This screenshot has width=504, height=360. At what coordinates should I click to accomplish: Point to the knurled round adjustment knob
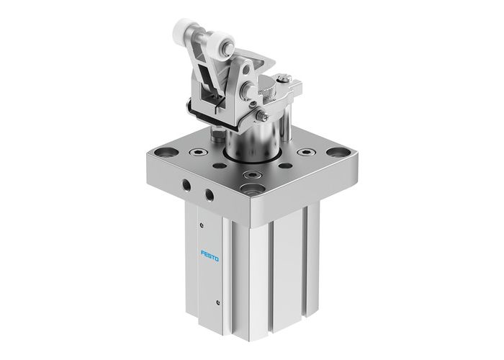pos(267,92)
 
